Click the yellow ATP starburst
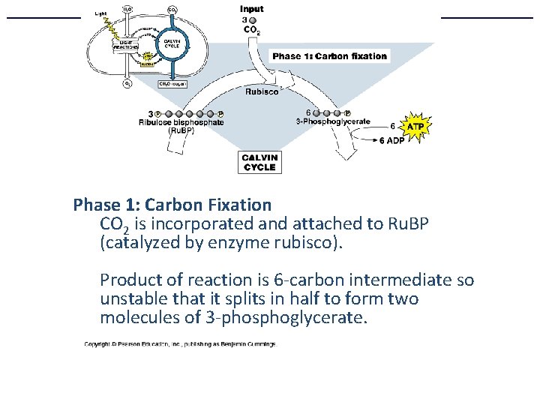click(x=417, y=127)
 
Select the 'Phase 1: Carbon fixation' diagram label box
click(x=329, y=56)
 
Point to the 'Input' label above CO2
click(x=252, y=9)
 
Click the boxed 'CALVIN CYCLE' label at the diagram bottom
click(x=259, y=163)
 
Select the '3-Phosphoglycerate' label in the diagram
click(x=333, y=121)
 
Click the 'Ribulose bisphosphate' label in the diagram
click(x=181, y=121)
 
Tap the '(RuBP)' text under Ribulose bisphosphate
click(x=181, y=130)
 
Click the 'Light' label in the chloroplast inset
click(x=100, y=13)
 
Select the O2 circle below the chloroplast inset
click(x=127, y=84)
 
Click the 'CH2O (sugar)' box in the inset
click(x=172, y=84)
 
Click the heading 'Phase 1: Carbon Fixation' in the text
click(x=172, y=204)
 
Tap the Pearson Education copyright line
click(x=179, y=344)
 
